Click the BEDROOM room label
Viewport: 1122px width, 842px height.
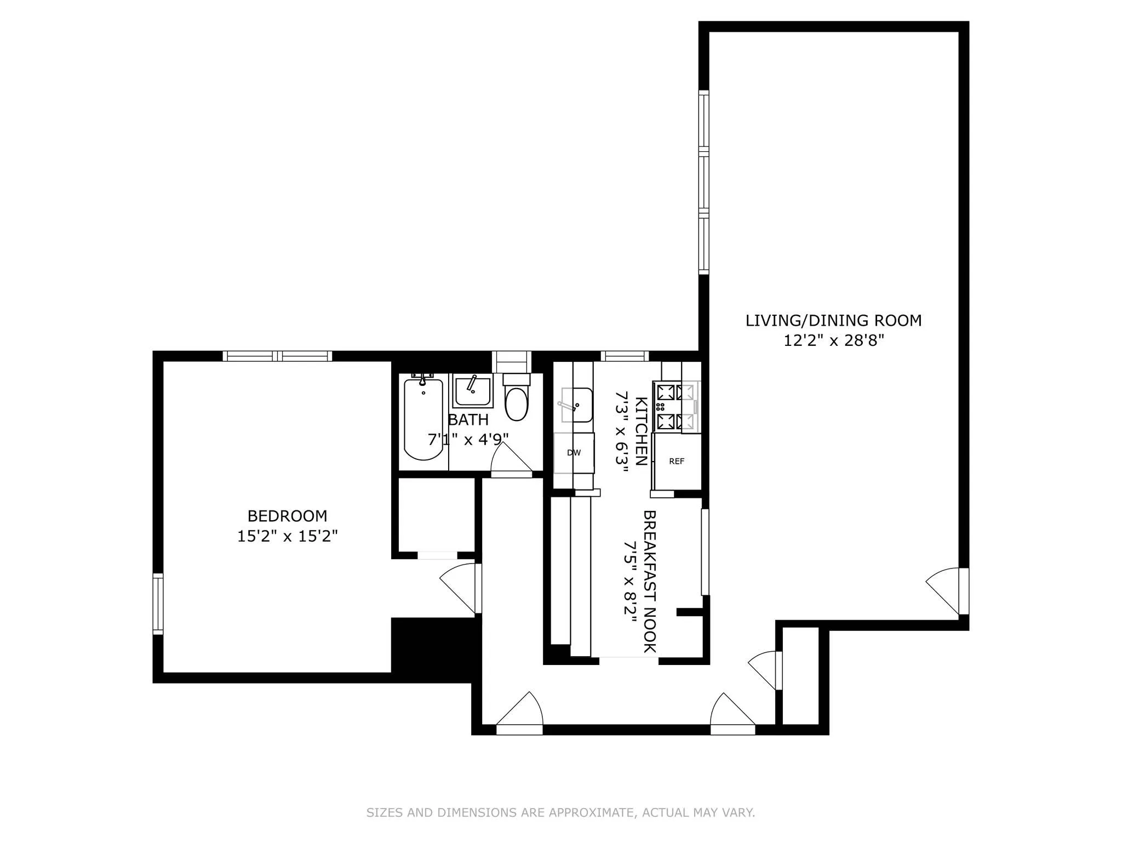point(287,516)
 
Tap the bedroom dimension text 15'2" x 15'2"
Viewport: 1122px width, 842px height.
point(287,536)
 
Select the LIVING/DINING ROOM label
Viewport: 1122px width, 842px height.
point(833,321)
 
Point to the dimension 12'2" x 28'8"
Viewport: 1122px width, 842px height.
point(833,341)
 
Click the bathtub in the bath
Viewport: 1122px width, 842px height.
point(423,419)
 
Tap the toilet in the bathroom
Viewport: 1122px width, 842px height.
point(516,400)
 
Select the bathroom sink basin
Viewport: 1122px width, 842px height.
point(471,390)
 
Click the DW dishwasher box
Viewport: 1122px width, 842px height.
point(574,453)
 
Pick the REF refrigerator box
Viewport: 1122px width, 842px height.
point(677,462)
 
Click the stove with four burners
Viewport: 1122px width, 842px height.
point(675,407)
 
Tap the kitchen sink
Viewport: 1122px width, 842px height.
point(576,405)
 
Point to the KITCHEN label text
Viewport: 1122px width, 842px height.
point(641,431)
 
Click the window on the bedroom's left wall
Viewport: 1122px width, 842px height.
point(158,604)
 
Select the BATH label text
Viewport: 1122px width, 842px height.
point(468,420)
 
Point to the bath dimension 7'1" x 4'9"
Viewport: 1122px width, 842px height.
point(468,440)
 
